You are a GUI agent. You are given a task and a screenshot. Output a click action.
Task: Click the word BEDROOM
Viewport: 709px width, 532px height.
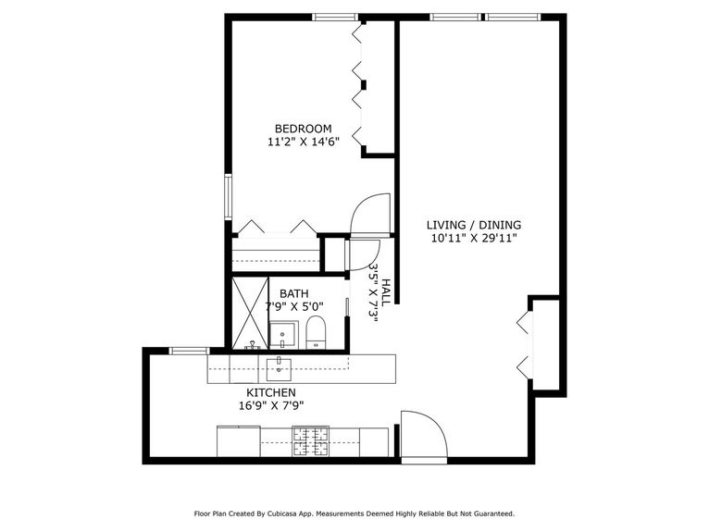pos(303,129)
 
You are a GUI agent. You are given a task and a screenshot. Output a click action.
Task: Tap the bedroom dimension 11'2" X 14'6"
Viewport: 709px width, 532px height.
pos(303,142)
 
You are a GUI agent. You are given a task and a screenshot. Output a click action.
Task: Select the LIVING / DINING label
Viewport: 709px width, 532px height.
pos(473,225)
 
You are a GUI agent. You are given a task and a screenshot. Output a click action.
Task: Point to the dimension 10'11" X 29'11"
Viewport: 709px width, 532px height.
pos(473,239)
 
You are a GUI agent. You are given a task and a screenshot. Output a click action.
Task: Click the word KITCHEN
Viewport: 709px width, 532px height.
pos(270,392)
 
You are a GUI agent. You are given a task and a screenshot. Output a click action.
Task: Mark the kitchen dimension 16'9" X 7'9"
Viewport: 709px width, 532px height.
pos(270,405)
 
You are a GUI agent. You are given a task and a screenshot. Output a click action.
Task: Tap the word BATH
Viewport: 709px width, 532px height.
pos(294,293)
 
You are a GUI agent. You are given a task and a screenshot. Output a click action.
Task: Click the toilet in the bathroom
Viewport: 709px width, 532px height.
pos(316,333)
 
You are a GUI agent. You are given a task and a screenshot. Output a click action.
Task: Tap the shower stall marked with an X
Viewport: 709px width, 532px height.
pos(249,313)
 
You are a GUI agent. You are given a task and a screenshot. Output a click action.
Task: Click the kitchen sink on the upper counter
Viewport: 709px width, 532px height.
pos(279,368)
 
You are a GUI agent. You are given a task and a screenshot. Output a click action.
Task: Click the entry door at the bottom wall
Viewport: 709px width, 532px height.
pos(422,435)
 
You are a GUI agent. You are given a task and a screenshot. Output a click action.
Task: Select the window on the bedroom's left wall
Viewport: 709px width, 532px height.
pos(228,196)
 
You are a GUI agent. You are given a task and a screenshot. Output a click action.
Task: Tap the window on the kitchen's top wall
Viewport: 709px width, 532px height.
pos(189,351)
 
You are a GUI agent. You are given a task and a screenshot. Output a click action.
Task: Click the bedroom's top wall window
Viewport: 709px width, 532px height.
pos(334,17)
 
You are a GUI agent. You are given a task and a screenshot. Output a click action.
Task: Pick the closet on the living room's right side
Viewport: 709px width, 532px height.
pos(545,345)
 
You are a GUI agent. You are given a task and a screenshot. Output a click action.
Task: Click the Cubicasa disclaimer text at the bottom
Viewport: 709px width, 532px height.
pos(354,513)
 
